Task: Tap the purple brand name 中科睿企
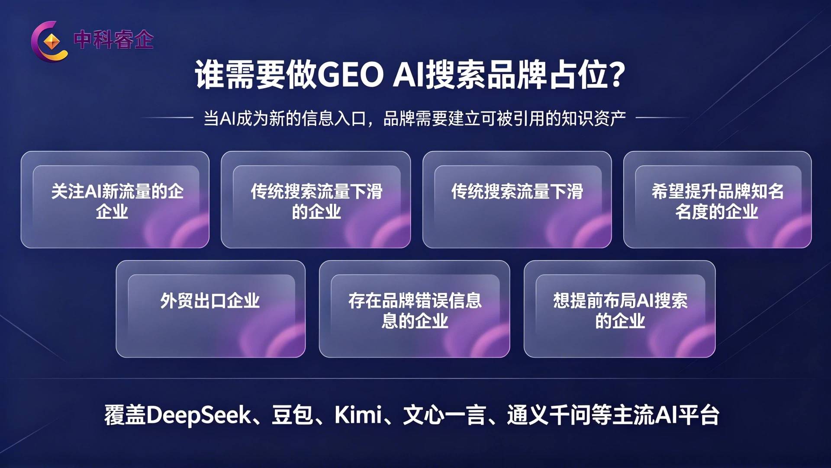point(113,40)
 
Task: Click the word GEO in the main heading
point(351,75)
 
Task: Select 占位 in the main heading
point(580,75)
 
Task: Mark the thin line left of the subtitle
point(167,117)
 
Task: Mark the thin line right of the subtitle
point(662,117)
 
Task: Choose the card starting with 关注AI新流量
point(115,199)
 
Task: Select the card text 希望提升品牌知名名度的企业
point(717,201)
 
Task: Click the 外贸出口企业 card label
point(210,301)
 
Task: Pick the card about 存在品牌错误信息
point(414,309)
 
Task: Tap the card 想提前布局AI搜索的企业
point(619,309)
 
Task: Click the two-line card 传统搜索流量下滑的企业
point(316,199)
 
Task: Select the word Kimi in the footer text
point(358,415)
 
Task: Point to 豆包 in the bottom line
point(292,415)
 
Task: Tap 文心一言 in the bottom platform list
point(444,415)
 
